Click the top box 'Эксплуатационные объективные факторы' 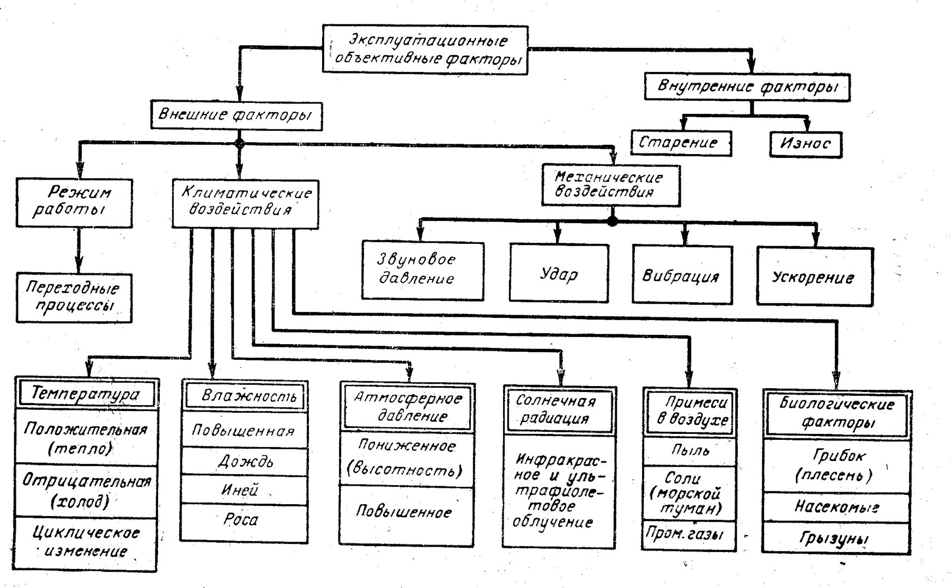pos(426,49)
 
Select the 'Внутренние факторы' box pos(747,87)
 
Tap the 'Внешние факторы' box pos(236,115)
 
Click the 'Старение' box pos(681,143)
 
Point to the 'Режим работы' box pos(74,202)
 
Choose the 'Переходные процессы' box pos(74,298)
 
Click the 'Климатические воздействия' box pos(245,203)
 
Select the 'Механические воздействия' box pos(611,185)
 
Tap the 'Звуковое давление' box pos(423,271)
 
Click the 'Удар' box pos(560,272)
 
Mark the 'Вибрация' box pos(682,274)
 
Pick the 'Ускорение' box pos(815,276)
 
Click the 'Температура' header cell pos(87,393)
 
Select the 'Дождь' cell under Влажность pos(244,461)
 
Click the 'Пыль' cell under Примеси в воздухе pos(690,451)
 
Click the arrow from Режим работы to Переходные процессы pos(79,250)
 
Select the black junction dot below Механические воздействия pos(613,221)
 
